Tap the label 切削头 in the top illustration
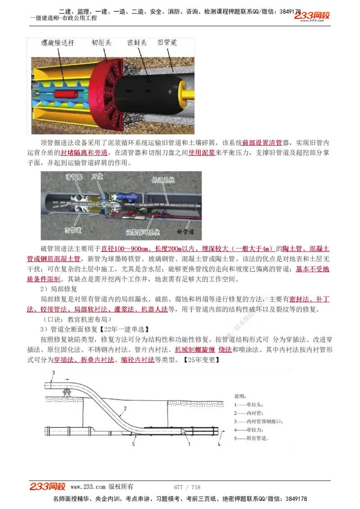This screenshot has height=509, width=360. [102, 43]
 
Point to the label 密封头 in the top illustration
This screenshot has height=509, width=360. [137, 43]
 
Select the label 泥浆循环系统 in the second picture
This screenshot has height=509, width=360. [143, 232]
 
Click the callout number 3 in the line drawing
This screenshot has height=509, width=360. [53, 373]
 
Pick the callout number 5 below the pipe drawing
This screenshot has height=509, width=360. [134, 444]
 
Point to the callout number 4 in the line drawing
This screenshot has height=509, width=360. [219, 444]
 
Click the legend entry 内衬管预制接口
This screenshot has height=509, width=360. [255, 421]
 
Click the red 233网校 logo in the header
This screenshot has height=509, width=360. [312, 16]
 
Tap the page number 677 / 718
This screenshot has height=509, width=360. [187, 487]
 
